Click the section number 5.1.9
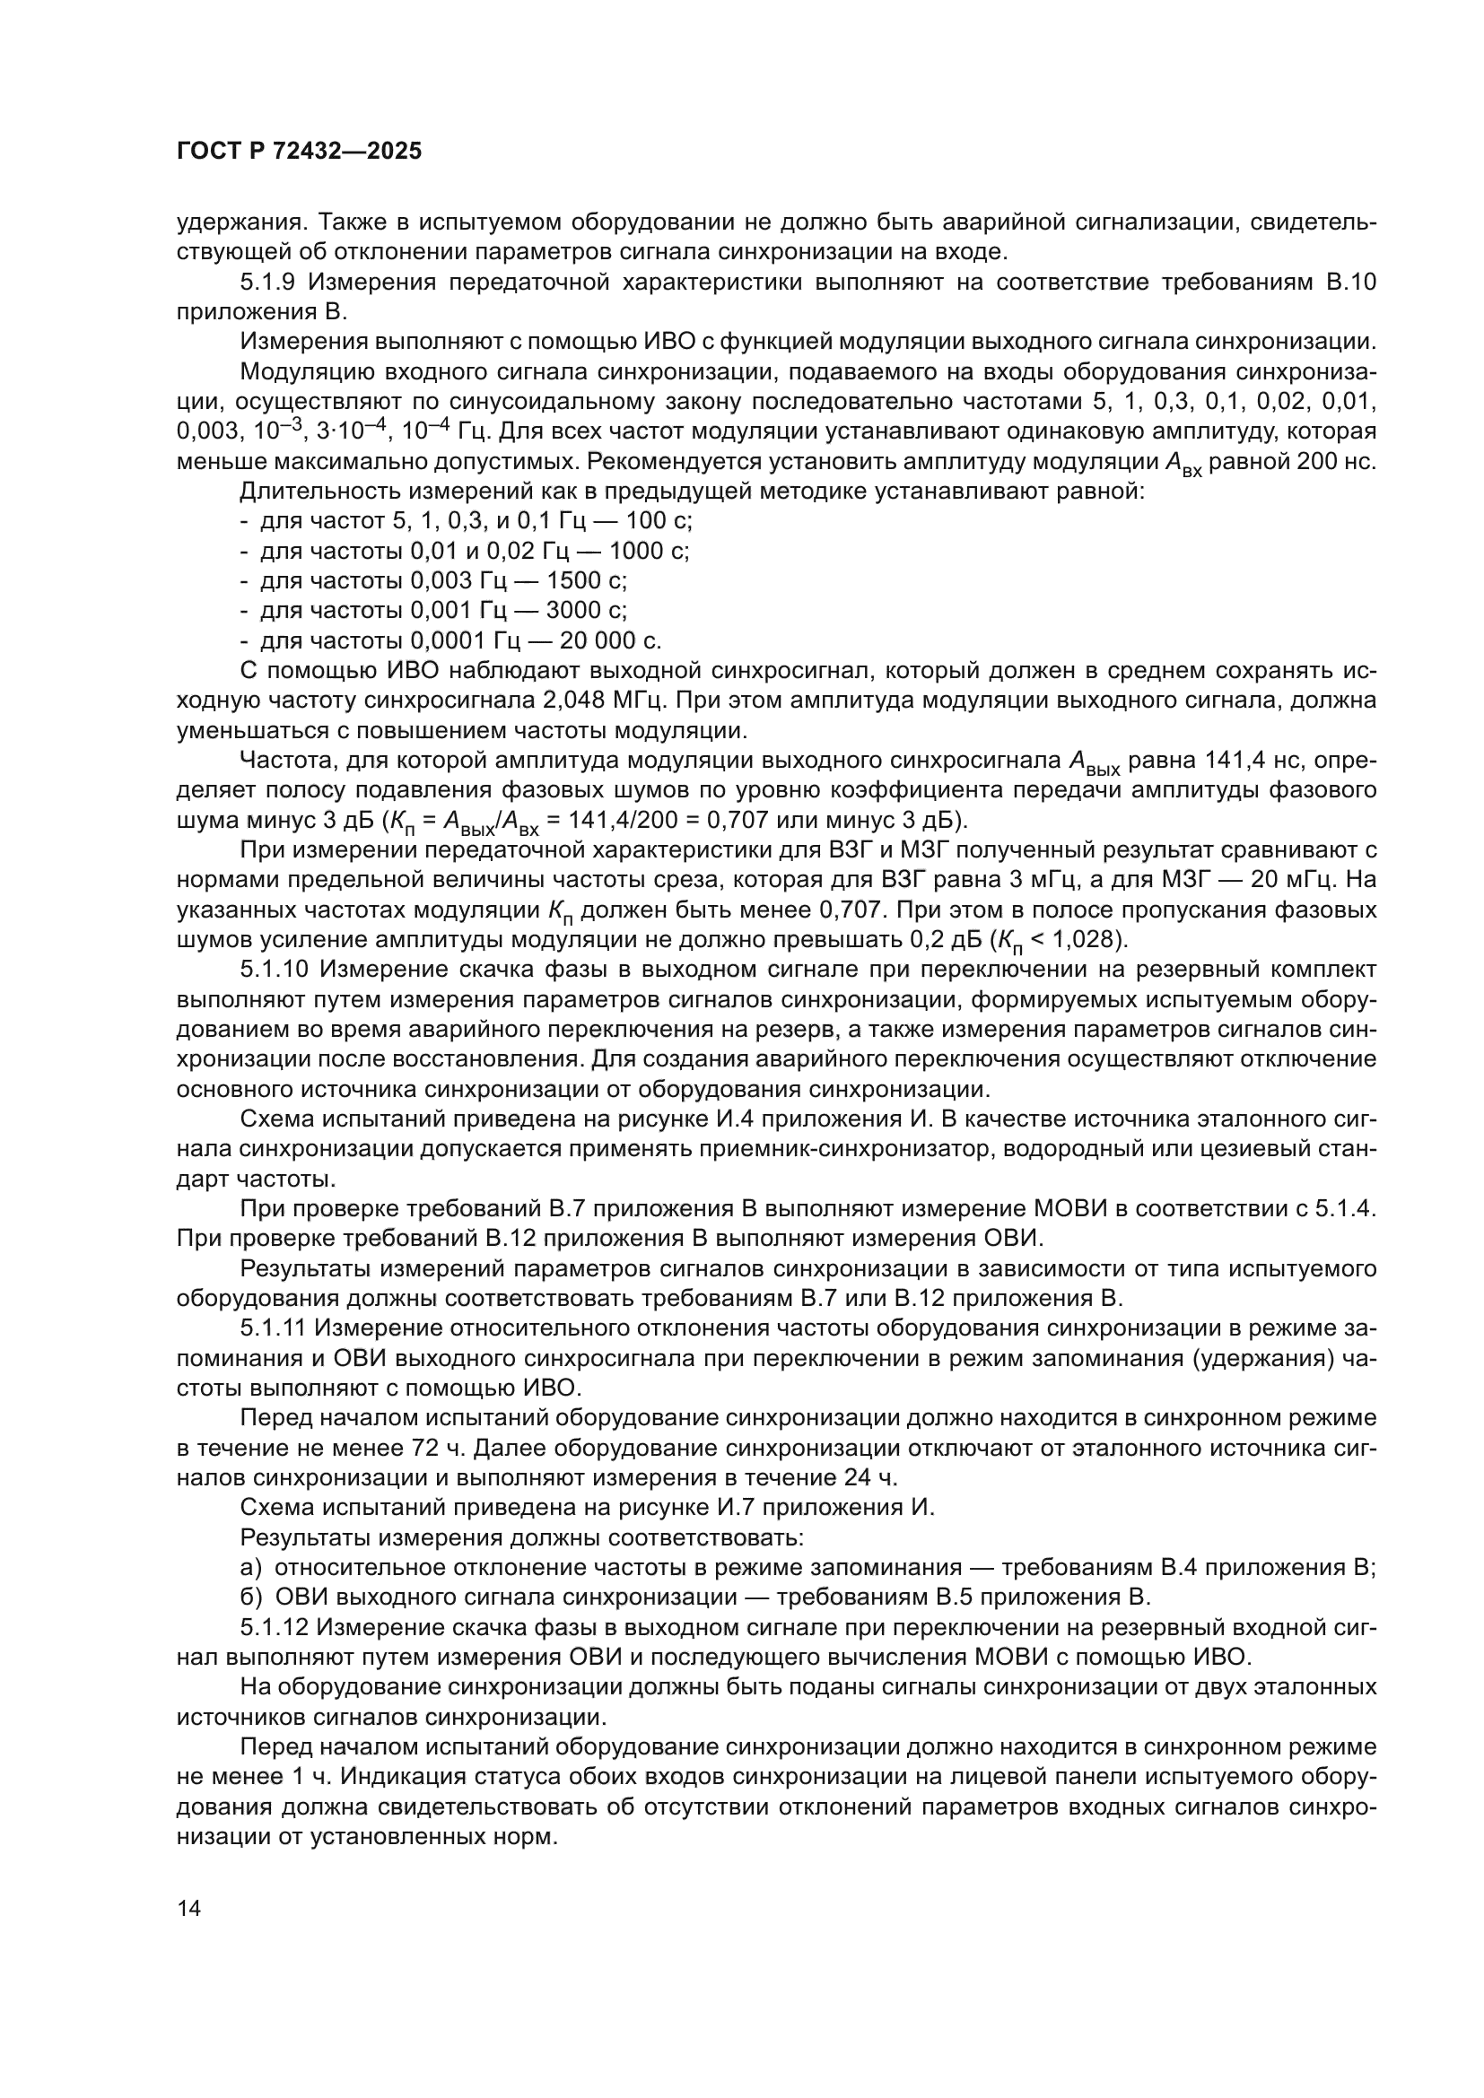point(266,283)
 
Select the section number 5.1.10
point(273,970)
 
